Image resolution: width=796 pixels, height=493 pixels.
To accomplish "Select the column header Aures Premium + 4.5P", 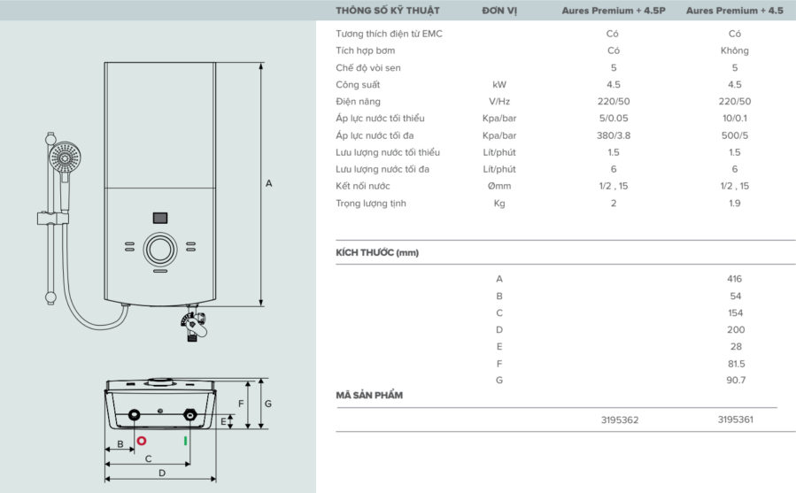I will point(613,11).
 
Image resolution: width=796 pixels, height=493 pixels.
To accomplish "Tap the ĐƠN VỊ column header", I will point(499,11).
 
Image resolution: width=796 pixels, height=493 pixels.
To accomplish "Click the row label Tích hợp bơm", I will point(365,50).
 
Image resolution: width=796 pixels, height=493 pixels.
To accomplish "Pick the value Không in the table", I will point(734,50).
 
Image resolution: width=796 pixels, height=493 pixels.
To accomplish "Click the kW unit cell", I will point(499,85).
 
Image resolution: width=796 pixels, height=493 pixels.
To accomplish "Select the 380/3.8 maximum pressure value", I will point(614,135).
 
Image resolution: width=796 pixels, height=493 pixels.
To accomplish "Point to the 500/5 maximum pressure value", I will point(734,135).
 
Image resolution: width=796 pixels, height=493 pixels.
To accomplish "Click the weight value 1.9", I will point(734,204).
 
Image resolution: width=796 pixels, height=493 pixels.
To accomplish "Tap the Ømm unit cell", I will point(499,187).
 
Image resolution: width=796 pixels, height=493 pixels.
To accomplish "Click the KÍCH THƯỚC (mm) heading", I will point(377,252).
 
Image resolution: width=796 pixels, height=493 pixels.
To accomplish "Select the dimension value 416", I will point(734,279).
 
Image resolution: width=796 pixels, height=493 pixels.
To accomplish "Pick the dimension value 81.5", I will point(734,363).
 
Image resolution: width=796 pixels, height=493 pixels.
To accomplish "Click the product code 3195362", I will point(619,420).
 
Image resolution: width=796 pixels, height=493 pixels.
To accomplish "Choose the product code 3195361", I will point(735,420).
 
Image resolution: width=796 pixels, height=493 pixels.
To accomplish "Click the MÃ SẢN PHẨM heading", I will point(369,395).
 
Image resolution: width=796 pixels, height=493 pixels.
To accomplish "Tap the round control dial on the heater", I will point(160,249).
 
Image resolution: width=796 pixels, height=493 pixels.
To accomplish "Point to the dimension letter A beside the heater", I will point(269,183).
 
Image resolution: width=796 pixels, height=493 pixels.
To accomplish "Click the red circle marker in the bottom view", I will point(141,440).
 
